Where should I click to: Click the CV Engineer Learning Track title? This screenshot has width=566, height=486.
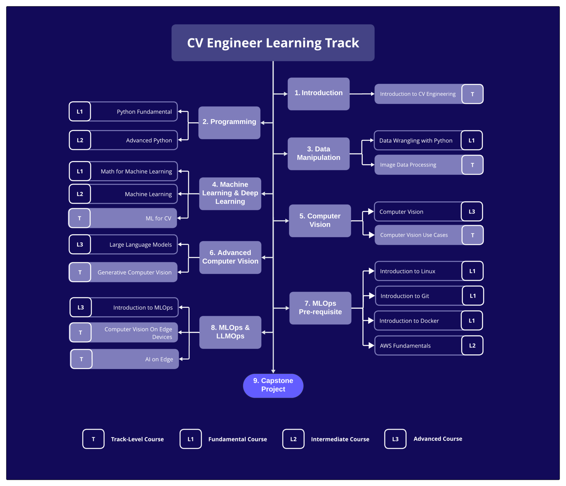click(x=273, y=43)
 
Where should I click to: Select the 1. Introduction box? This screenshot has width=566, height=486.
click(x=318, y=93)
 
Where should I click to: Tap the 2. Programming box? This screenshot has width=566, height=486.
click(x=229, y=122)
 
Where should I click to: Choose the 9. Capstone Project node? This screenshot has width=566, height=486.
click(x=273, y=385)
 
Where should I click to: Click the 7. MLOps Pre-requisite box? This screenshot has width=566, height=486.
click(x=320, y=308)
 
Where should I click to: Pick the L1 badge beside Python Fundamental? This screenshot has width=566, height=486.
click(x=80, y=111)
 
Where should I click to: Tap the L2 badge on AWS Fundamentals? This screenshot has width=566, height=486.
click(x=472, y=345)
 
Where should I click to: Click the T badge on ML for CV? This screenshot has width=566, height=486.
click(x=79, y=218)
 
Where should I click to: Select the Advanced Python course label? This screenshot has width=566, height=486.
click(x=149, y=140)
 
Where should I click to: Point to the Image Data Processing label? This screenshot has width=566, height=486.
click(x=408, y=165)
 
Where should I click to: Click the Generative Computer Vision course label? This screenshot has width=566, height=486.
click(x=134, y=272)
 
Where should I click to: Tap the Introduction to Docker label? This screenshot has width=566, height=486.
click(x=409, y=321)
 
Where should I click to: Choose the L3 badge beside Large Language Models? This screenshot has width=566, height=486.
click(x=80, y=245)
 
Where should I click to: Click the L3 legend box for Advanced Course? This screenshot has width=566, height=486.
click(x=395, y=439)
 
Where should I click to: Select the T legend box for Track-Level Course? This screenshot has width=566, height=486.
click(x=93, y=439)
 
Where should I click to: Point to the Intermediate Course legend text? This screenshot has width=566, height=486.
click(x=340, y=439)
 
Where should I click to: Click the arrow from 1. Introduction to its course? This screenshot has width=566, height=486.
click(x=362, y=94)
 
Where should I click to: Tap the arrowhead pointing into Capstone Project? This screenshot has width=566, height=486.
click(x=273, y=371)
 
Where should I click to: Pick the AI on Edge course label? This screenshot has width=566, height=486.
click(x=159, y=359)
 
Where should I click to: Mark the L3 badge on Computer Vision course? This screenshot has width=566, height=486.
click(x=471, y=212)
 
